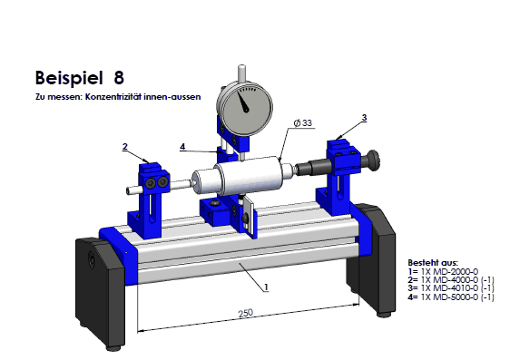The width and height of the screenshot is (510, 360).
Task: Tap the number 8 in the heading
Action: [x=119, y=78]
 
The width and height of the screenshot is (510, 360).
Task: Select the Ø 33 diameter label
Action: [x=303, y=122]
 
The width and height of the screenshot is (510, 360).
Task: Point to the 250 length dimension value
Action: [x=246, y=313]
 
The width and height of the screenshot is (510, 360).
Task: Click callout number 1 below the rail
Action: [x=267, y=287]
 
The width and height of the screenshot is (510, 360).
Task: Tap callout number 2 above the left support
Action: [x=125, y=147]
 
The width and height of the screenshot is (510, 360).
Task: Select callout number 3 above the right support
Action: [x=364, y=118]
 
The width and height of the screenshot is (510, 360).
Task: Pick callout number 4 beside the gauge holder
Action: [x=182, y=147]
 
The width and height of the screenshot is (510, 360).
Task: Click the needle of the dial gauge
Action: [x=242, y=102]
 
